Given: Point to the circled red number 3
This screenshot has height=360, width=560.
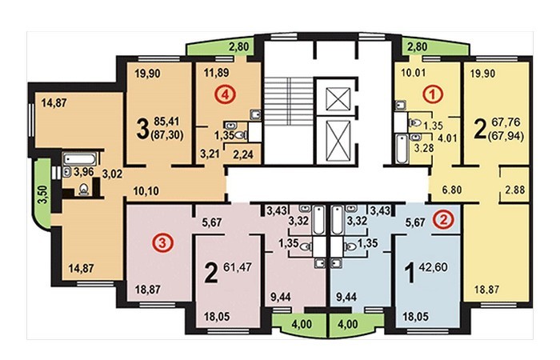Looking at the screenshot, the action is click(x=163, y=244).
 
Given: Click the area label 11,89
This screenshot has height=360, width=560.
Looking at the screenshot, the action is click(x=217, y=73).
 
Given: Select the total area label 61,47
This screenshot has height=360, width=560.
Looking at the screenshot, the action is click(x=238, y=266).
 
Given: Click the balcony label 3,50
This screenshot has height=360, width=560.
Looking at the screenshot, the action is click(x=43, y=194).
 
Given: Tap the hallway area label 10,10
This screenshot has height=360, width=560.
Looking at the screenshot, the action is click(x=146, y=190).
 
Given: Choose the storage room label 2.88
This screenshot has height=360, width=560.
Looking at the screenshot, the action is click(x=514, y=190).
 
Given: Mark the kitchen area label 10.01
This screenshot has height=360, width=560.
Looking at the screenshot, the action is click(x=414, y=74).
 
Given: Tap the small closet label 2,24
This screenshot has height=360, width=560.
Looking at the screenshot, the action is click(x=243, y=154).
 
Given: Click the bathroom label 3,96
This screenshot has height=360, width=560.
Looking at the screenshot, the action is click(x=83, y=172).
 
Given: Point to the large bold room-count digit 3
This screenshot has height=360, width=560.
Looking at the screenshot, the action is click(x=142, y=130).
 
